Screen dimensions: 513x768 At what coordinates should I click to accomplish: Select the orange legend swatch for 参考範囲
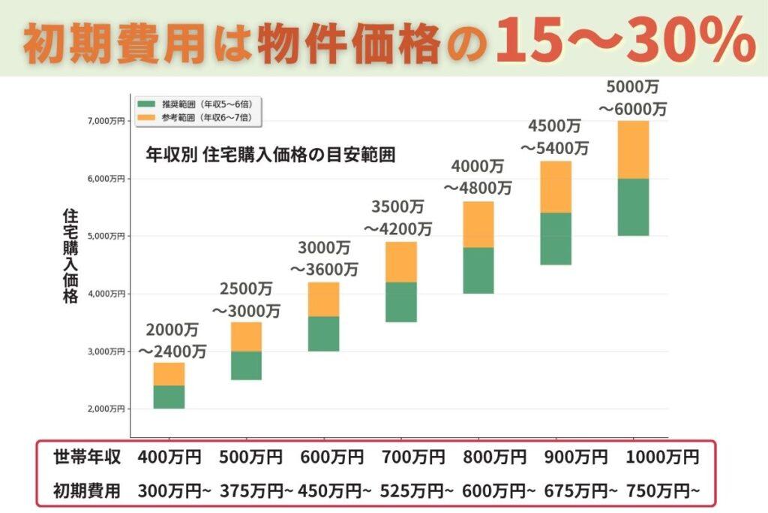pyautogui.click(x=145, y=118)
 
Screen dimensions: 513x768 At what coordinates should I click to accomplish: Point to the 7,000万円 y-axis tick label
pyautogui.click(x=105, y=121)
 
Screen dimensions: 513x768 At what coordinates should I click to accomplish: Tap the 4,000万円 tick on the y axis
pyautogui.click(x=105, y=294)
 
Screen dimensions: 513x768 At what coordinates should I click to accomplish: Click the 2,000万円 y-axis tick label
pyautogui.click(x=105, y=409)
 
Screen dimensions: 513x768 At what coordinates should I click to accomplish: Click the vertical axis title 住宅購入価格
pyautogui.click(x=70, y=255)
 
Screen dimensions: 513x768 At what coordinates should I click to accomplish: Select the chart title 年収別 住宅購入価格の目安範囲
pyautogui.click(x=271, y=155)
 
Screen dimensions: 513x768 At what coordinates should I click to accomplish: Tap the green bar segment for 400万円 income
pyautogui.click(x=169, y=397)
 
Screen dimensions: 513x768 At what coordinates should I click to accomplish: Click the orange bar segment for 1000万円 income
pyautogui.click(x=633, y=149)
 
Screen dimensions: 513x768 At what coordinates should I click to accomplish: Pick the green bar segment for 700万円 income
pyautogui.click(x=401, y=302)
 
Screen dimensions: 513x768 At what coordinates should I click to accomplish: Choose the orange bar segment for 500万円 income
pyautogui.click(x=246, y=336)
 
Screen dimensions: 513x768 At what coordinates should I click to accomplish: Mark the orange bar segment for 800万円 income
pyautogui.click(x=478, y=225)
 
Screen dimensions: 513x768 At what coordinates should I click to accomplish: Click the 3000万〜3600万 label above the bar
pyautogui.click(x=324, y=258)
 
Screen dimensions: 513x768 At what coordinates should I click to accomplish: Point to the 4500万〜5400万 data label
pyautogui.click(x=555, y=136)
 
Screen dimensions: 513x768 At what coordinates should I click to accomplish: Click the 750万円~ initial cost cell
pyautogui.click(x=664, y=491)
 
